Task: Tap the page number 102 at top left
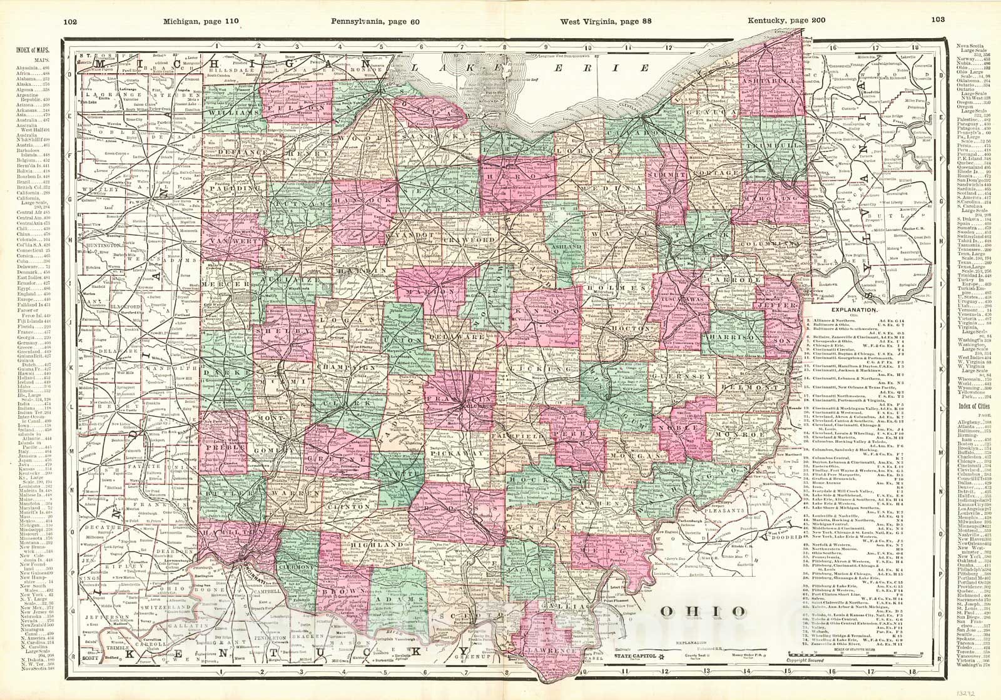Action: [70, 21]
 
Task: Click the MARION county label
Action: [420, 293]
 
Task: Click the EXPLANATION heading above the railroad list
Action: [853, 310]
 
